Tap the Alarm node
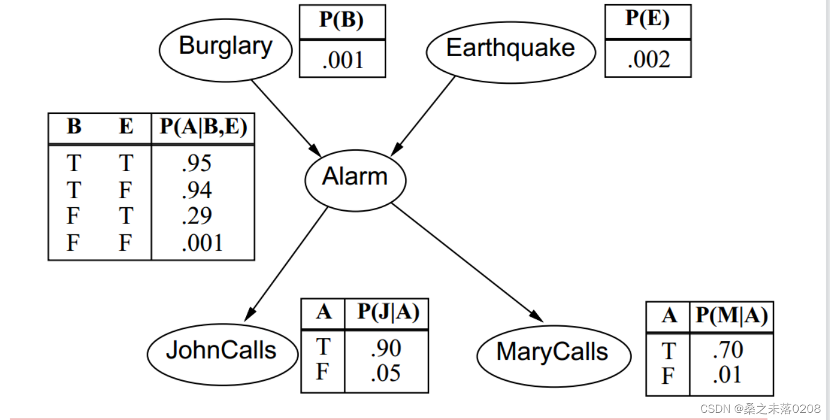(x=355, y=177)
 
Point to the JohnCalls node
(x=221, y=350)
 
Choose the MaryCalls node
(x=552, y=353)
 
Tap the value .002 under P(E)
(x=648, y=60)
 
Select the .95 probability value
(x=197, y=164)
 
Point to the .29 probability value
(x=197, y=216)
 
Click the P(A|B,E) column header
(x=203, y=127)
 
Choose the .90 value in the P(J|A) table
(x=386, y=348)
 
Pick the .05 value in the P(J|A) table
(x=386, y=374)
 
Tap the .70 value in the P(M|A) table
(x=728, y=350)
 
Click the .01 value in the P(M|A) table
(x=728, y=376)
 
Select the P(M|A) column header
(x=731, y=316)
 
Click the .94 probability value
(x=197, y=190)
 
